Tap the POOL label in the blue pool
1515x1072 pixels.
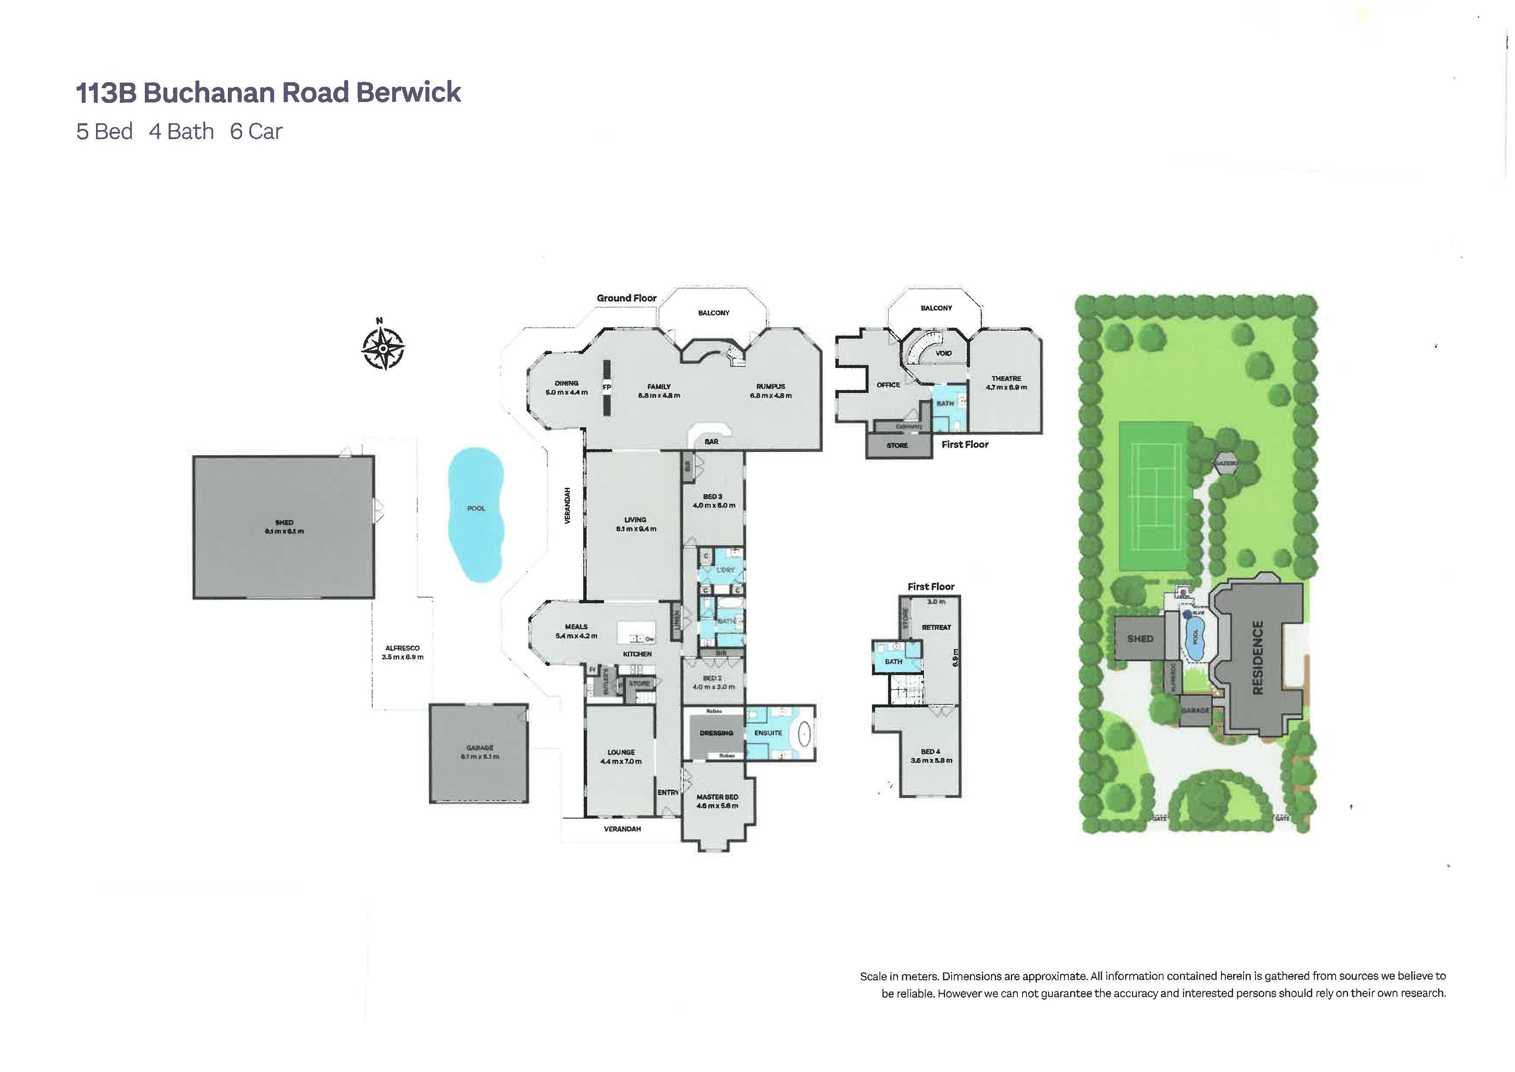tap(476, 508)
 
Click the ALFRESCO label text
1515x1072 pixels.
tap(403, 648)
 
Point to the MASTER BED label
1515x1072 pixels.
tap(717, 797)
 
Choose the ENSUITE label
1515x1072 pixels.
tap(768, 733)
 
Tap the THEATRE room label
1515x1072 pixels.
tap(1006, 379)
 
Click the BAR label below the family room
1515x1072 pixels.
tap(711, 442)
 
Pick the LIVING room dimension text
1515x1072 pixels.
tap(636, 529)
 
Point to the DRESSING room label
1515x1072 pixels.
tap(716, 733)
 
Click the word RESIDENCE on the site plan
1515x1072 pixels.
tap(1257, 657)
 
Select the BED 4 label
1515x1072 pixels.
tap(930, 751)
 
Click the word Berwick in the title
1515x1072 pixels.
tap(409, 93)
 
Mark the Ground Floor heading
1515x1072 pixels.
tap(626, 298)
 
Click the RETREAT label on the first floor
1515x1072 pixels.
tap(936, 627)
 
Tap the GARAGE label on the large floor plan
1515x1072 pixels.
tap(479, 748)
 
